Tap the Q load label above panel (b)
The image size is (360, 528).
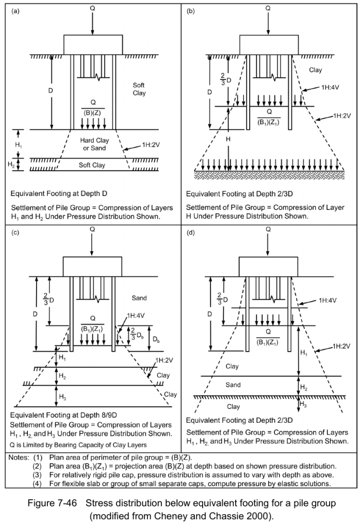click(268, 9)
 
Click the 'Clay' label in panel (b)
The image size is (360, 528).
click(315, 70)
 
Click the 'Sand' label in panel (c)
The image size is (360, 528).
click(139, 298)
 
